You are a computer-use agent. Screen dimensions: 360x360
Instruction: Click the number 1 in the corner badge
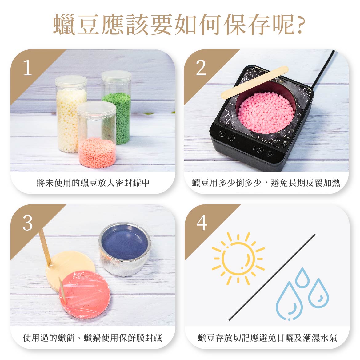[x=27, y=68]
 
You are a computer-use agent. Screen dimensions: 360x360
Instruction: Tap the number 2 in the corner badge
[x=201, y=68]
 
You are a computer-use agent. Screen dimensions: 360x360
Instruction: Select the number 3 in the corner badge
[x=27, y=223]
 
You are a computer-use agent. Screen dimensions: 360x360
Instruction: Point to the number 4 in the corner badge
[x=202, y=223]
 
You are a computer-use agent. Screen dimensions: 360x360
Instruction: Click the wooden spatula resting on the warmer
[x=254, y=82]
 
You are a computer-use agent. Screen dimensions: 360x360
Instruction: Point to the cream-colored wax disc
[x=68, y=264]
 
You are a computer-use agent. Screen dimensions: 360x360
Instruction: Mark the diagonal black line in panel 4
[x=272, y=277]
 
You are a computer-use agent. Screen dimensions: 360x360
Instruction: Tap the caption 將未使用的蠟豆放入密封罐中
[x=93, y=183]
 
